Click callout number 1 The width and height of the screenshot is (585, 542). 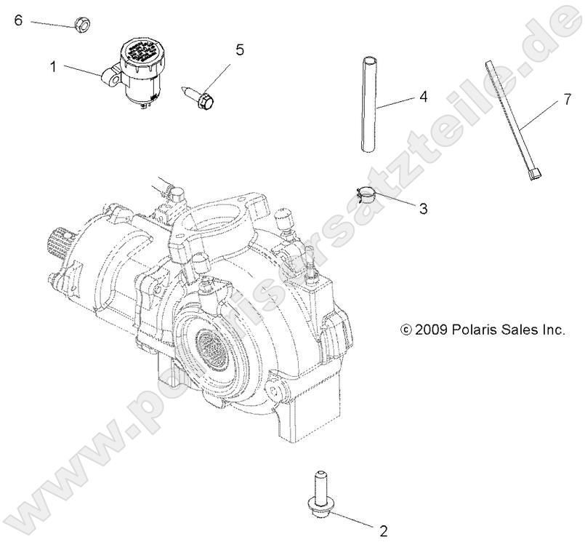[53, 66]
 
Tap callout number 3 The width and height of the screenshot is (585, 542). [422, 208]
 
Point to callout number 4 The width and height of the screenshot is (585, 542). [423, 97]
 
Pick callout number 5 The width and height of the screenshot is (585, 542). [238, 50]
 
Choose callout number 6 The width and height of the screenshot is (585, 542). [19, 20]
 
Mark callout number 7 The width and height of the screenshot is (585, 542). [568, 100]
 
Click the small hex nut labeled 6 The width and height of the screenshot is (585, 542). [82, 25]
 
